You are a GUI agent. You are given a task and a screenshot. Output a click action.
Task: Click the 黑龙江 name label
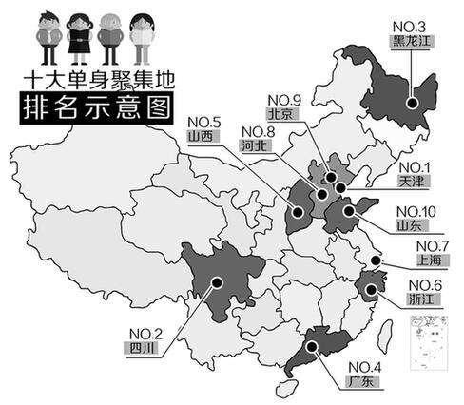[x=411, y=42]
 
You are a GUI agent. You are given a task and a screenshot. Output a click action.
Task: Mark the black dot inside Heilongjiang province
[x=411, y=104]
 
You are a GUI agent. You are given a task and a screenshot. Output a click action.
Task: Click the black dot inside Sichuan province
[x=217, y=281]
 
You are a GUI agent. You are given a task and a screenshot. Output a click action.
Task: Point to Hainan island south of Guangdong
[x=282, y=388]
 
